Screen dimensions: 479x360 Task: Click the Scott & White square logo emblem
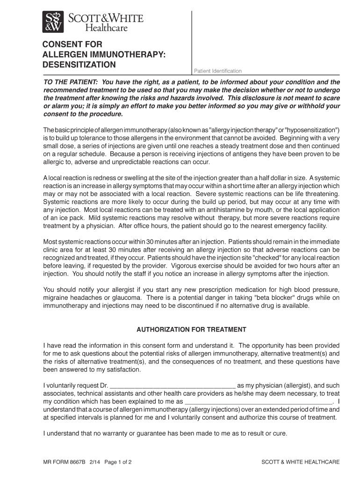53,22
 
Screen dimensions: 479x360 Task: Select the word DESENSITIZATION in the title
79,64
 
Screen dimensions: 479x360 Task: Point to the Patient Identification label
218,71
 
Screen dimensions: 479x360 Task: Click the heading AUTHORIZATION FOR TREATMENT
191,329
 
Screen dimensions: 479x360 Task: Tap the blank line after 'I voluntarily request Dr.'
173,385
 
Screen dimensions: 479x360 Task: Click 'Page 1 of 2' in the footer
118,462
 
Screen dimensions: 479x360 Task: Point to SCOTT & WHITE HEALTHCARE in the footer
300,462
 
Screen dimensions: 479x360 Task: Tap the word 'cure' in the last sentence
280,433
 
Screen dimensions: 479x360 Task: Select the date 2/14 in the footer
97,462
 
